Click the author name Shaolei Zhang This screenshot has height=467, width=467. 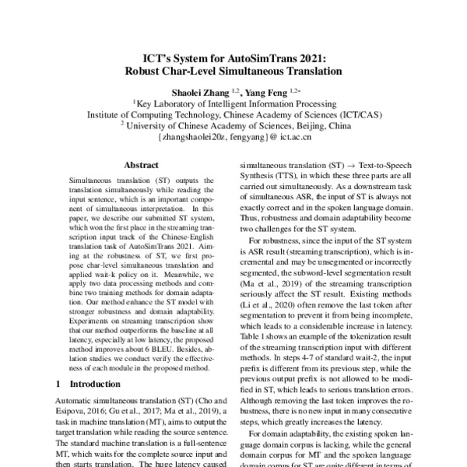point(209,92)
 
